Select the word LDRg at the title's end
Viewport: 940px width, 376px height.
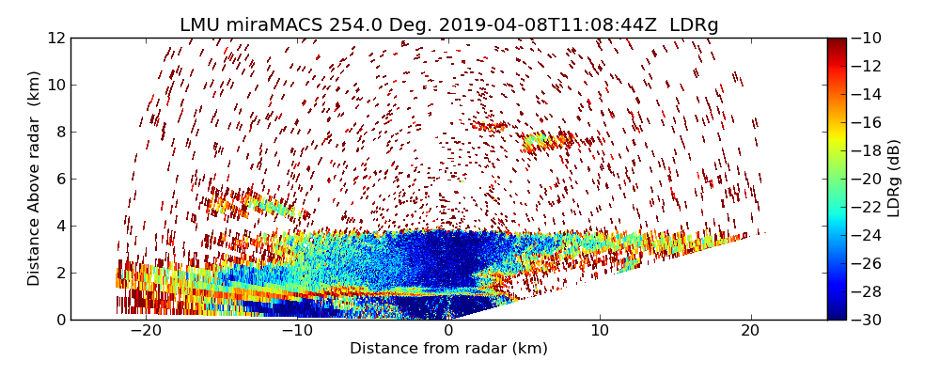[x=694, y=25]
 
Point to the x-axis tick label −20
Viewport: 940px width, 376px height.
[x=147, y=332]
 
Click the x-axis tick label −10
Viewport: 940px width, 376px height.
[x=297, y=332]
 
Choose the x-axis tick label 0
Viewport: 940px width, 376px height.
[x=448, y=332]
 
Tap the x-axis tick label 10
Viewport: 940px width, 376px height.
[x=600, y=332]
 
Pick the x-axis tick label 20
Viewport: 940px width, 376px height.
[x=751, y=332]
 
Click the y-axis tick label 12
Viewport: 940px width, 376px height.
[x=55, y=38]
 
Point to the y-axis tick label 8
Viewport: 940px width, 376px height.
[x=59, y=132]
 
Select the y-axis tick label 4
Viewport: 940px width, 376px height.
[x=59, y=226]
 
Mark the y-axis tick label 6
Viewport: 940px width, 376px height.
[x=59, y=179]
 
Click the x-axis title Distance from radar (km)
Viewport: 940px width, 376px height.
[x=448, y=349]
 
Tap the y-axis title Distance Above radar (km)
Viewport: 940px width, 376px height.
[x=35, y=178]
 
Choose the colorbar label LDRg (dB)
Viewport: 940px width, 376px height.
[x=894, y=178]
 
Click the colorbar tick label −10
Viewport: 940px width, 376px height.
[x=869, y=38]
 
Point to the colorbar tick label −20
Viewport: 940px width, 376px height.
[x=869, y=179]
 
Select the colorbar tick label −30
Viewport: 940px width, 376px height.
[x=869, y=320]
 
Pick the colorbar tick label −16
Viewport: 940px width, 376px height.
[x=869, y=122]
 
